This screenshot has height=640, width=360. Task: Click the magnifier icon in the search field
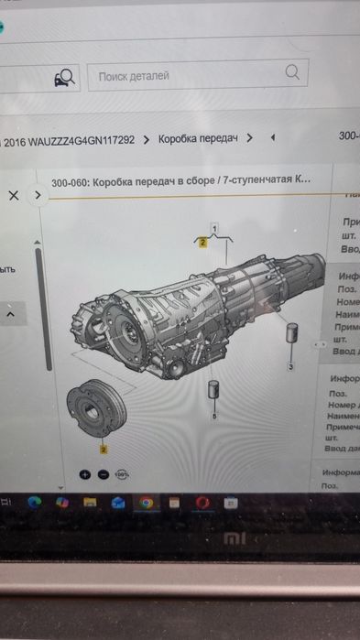(293, 71)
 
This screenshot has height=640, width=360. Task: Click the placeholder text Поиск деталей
(134, 76)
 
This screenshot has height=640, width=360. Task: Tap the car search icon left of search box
(65, 77)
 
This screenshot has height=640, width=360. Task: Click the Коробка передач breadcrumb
(198, 139)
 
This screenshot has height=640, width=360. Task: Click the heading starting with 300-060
(180, 180)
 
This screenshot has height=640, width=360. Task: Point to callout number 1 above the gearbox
(215, 226)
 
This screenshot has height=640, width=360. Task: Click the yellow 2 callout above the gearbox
(202, 243)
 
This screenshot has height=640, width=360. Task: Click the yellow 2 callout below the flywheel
(103, 450)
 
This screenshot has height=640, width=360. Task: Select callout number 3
(291, 367)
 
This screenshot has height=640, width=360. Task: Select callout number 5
(214, 417)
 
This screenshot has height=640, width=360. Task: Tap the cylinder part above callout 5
(214, 391)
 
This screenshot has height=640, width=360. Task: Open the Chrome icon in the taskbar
(146, 503)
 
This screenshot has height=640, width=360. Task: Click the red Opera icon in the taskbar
(202, 503)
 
